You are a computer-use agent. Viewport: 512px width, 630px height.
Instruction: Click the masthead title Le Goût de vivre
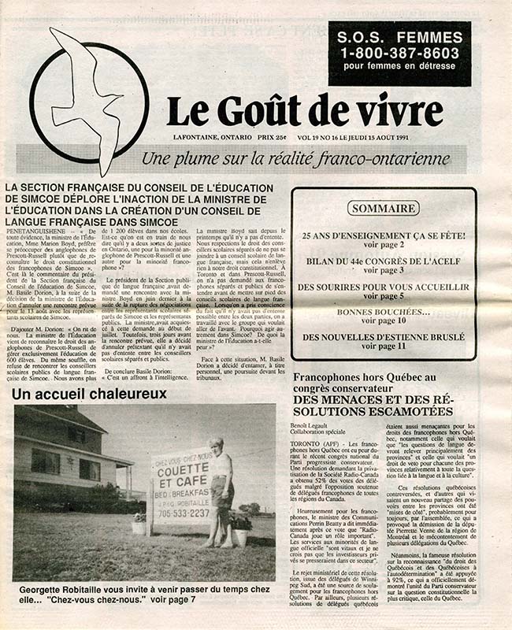[x=296, y=110]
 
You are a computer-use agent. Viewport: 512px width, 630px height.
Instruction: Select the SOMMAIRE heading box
[x=384, y=209]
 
